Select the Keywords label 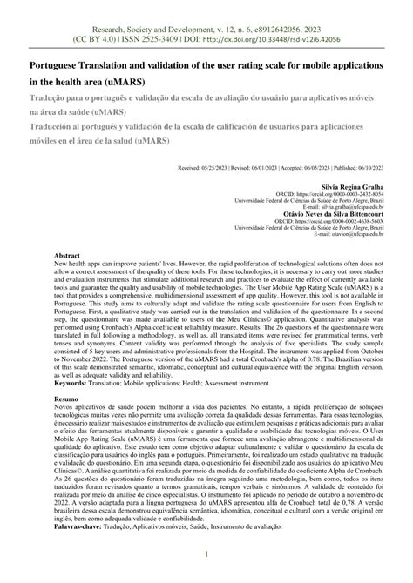(x=76, y=381)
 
